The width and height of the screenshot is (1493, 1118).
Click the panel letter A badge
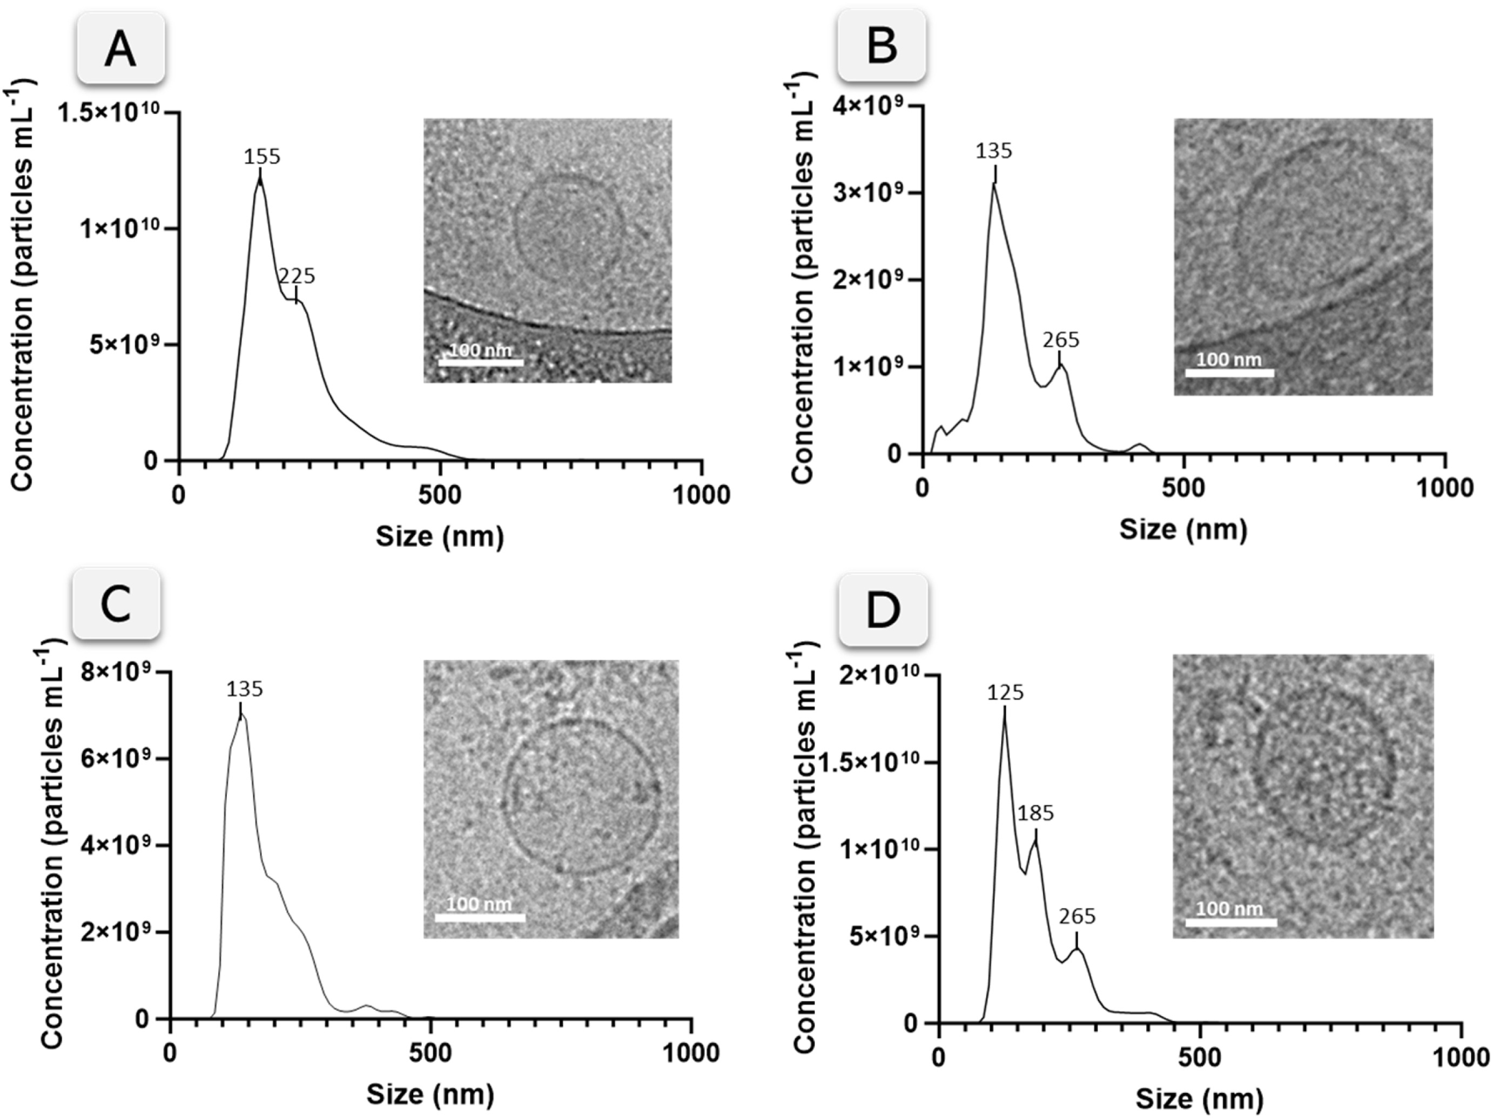[x=121, y=50]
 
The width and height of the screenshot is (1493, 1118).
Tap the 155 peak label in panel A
[x=262, y=157]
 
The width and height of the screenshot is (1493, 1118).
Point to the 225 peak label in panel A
[x=297, y=276]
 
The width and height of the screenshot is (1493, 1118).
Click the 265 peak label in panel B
[x=1060, y=339]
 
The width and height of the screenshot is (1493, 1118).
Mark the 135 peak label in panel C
[x=244, y=689]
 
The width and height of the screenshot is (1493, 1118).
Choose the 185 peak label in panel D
[x=1035, y=814]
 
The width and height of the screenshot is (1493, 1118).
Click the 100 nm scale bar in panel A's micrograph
[x=481, y=362]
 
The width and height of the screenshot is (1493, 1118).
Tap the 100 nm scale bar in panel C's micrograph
[x=479, y=917]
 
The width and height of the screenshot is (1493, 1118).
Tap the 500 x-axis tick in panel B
[x=1184, y=488]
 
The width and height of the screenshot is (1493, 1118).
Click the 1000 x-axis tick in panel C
[x=691, y=1052]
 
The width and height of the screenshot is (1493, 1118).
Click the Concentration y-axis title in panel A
[x=22, y=285]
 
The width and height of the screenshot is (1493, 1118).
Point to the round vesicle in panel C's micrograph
[x=582, y=798]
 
